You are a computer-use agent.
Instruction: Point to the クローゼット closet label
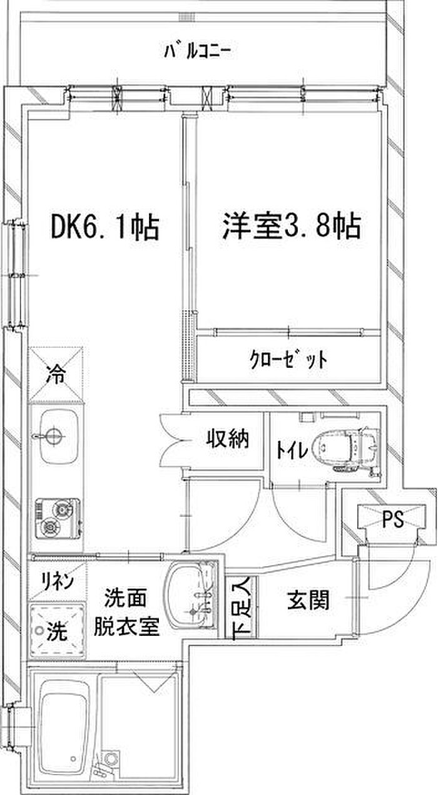[x=288, y=360]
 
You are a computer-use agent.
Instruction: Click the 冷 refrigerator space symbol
[x=57, y=375]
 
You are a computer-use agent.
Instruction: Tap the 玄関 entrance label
[x=308, y=601]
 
